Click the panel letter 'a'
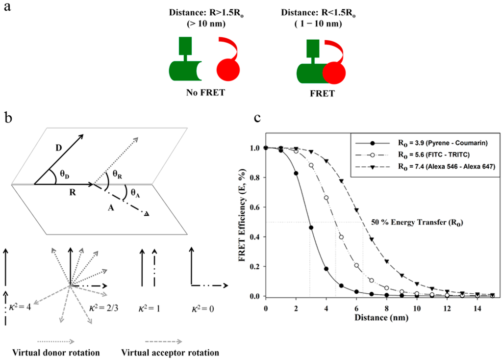[x=8, y=10]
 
